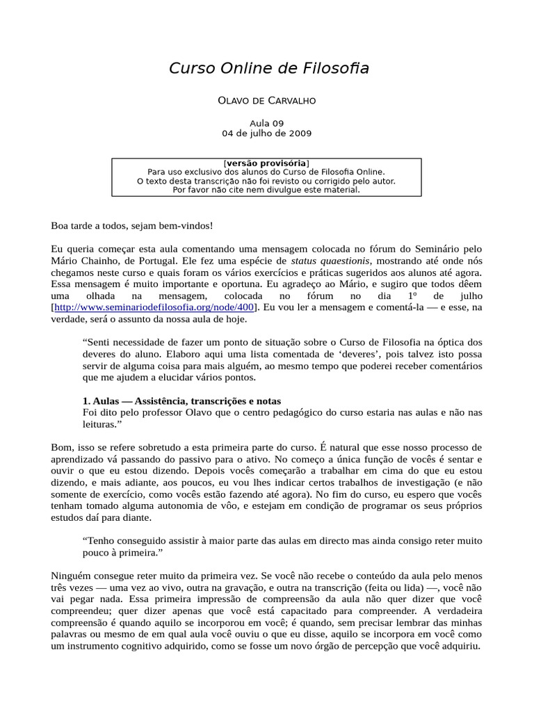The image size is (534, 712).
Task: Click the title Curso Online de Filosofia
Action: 269,68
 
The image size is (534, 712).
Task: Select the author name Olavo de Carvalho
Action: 267,101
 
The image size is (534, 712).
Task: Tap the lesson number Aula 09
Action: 267,123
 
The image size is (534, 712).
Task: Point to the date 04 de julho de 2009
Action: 267,133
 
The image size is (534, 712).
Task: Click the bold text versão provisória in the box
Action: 267,163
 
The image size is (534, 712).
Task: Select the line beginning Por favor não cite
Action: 267,190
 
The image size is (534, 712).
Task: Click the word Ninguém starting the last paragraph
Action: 73,575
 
